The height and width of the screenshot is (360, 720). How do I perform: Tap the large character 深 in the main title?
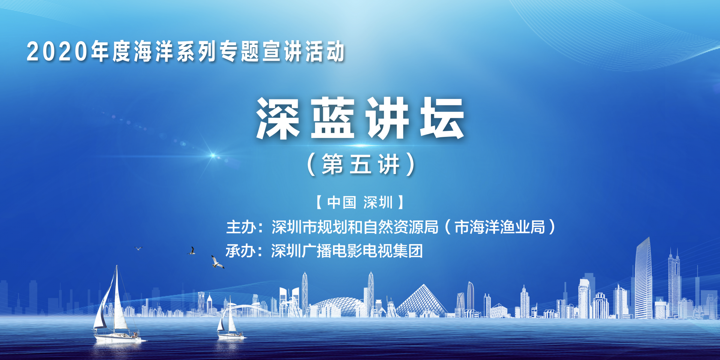(x=278, y=118)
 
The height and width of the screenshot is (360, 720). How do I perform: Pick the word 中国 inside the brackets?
(x=341, y=202)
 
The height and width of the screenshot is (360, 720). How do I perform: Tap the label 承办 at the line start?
(x=240, y=251)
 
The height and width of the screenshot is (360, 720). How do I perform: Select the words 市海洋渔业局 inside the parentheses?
(x=500, y=227)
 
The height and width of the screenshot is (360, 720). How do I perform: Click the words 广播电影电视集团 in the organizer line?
(x=362, y=251)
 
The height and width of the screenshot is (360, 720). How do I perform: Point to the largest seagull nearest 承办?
(x=217, y=262)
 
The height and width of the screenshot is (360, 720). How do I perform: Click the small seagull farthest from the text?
(x=138, y=248)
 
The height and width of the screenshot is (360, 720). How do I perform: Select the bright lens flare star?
(x=213, y=155)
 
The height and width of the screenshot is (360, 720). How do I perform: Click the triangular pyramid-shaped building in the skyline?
(x=422, y=300)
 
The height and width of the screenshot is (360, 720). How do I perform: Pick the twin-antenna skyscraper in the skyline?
(x=674, y=283)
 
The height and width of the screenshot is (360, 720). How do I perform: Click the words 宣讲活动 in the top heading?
(x=303, y=51)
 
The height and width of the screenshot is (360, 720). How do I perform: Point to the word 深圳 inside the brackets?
(x=378, y=202)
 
